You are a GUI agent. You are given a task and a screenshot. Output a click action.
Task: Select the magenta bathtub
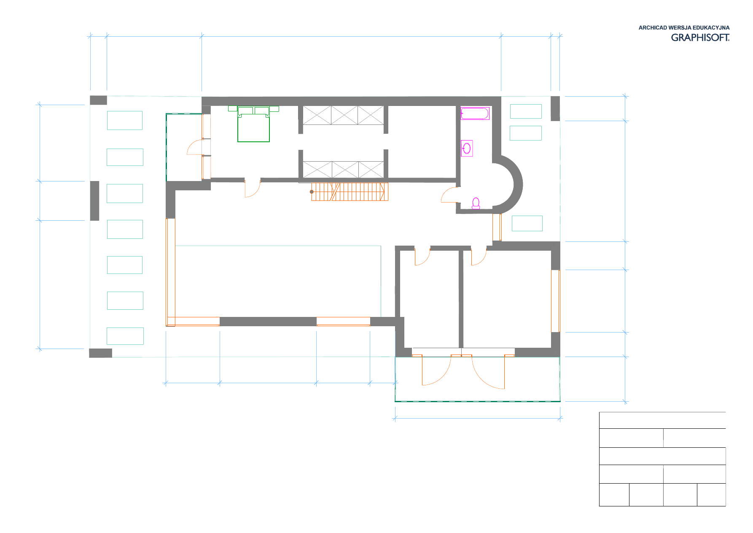(x=475, y=114)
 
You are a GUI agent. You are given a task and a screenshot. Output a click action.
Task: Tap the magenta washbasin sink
(x=467, y=148)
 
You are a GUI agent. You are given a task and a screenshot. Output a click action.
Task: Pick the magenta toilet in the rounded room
(x=476, y=203)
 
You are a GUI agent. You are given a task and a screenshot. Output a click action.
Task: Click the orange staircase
(x=350, y=192)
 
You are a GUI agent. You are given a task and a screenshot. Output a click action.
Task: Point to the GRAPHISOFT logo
(x=700, y=38)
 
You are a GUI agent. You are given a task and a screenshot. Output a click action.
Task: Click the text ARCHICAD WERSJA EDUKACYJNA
(x=684, y=28)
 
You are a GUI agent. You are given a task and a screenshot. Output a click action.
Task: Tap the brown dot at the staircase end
(x=312, y=192)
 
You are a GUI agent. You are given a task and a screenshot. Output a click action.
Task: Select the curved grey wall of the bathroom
(x=514, y=184)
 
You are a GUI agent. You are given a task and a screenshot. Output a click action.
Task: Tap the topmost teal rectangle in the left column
(x=125, y=120)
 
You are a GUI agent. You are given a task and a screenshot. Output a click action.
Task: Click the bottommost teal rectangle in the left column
(x=125, y=336)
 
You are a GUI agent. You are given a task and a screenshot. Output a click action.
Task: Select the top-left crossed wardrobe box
(x=317, y=115)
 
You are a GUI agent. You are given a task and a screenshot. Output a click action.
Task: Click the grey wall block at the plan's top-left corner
(x=99, y=100)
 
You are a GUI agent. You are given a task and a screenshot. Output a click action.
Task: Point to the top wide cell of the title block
(x=662, y=420)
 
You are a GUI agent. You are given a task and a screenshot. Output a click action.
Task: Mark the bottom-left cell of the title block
(x=614, y=495)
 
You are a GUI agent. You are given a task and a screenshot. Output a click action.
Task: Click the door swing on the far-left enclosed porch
(x=195, y=147)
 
